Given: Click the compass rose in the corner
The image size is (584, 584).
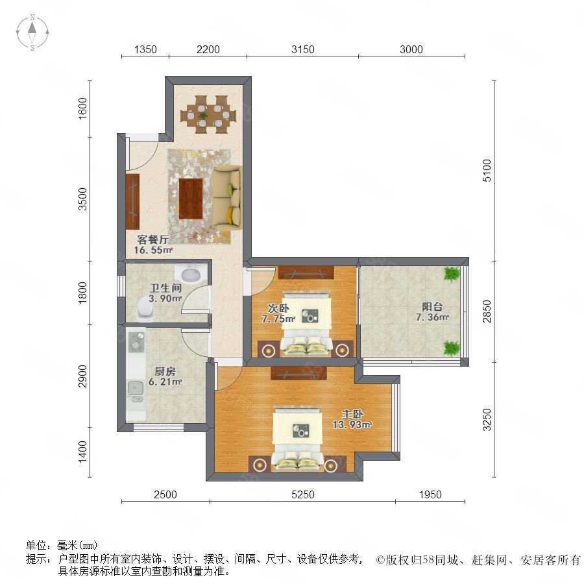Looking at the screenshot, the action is tap(32, 32).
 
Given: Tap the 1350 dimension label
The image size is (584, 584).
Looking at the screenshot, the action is tap(145, 49).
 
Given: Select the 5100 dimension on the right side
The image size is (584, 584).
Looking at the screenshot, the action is tap(487, 170).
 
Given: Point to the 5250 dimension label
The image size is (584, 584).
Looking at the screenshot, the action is tap(303, 494).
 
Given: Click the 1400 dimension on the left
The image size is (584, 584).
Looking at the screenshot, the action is tap(82, 452).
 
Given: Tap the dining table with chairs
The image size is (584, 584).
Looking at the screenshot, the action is tap(208, 114).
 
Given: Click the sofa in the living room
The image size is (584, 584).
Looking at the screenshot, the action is tap(227, 200).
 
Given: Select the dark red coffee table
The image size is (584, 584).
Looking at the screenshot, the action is tap(191, 199).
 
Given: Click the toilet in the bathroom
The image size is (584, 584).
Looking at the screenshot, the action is tap(145, 308).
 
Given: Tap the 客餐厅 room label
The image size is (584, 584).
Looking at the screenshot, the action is tap(152, 239).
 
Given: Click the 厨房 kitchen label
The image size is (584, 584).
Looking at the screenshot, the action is tap(165, 371).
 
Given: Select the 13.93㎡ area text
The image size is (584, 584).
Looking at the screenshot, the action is tap(352, 424).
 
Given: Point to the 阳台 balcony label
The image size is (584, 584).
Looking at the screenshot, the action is tap(432, 306).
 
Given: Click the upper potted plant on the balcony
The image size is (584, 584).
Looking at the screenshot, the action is tap(452, 274).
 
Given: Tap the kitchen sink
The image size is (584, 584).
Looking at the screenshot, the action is tap(136, 388).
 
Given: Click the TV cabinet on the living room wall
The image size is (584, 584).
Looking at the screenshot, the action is tap(132, 201).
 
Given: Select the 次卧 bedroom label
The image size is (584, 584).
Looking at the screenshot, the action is tap(278, 308).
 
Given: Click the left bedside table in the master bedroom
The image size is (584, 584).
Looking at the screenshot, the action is tap(260, 464).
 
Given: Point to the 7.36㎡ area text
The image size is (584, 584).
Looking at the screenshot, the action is tap(432, 317).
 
